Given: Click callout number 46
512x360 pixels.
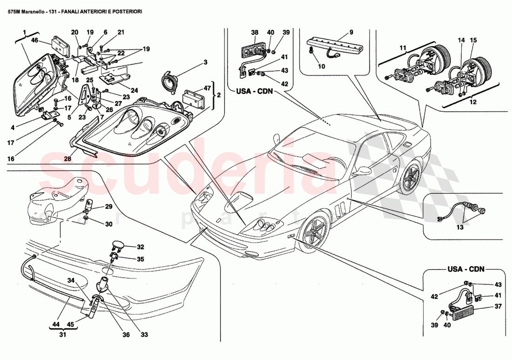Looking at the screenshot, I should click(x=34, y=41).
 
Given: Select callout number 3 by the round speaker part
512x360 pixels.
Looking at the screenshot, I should click(x=204, y=62).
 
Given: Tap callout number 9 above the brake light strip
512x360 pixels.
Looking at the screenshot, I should click(x=351, y=32).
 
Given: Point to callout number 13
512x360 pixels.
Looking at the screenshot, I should click(x=459, y=228).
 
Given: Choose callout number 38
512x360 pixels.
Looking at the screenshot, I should click(x=255, y=32).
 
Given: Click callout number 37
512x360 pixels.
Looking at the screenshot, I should click(x=498, y=306).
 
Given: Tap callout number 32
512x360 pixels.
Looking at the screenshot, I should click(x=140, y=247).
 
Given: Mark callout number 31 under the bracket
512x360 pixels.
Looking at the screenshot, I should click(x=62, y=334).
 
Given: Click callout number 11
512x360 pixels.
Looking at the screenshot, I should click(x=403, y=48).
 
